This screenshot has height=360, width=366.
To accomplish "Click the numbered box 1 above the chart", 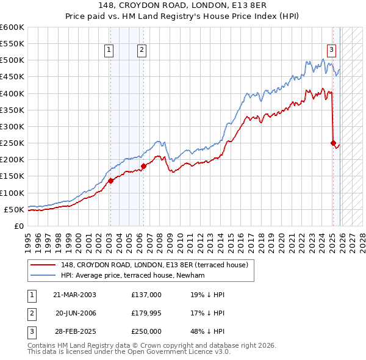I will pyautogui.click(x=109, y=51).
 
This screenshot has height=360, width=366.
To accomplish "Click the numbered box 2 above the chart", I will pyautogui.click(x=142, y=51).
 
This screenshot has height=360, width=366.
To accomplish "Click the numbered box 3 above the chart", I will pyautogui.click(x=331, y=51).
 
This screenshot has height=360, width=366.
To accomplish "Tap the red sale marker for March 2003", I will pyautogui.click(x=111, y=181).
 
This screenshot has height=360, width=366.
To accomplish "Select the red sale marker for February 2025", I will pyautogui.click(x=333, y=143).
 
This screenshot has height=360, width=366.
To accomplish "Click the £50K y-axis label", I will pyautogui.click(x=14, y=209).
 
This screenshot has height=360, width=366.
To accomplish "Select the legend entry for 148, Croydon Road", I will pyautogui.click(x=152, y=265).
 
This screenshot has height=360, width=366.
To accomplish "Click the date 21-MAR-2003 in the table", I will pyautogui.click(x=74, y=295).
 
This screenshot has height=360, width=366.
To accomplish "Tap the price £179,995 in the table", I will pyautogui.click(x=146, y=313).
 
